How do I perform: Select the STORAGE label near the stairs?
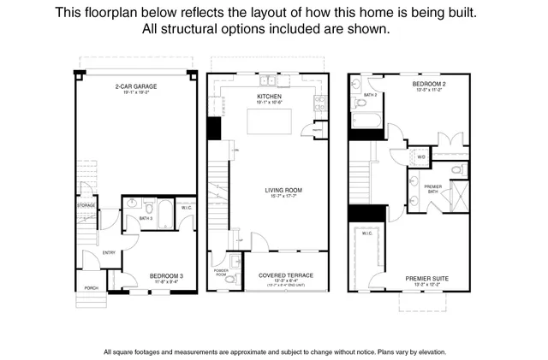click(x=86, y=205)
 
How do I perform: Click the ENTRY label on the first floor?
click(x=109, y=252)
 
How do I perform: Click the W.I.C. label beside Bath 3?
click(x=188, y=207)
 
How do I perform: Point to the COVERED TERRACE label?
click(x=286, y=275)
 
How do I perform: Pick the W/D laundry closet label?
click(x=421, y=157)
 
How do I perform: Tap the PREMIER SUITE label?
click(x=429, y=278)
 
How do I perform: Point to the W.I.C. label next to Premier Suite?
click(x=366, y=233)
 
